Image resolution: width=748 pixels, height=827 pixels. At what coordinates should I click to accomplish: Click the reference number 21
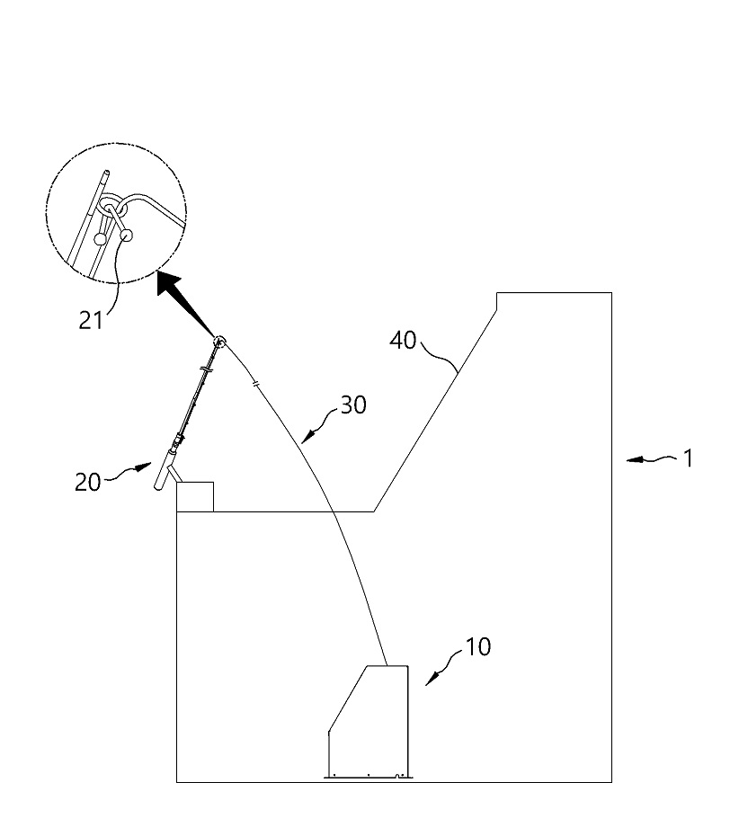click(90, 320)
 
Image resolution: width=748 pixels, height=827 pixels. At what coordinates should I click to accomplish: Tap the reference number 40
click(403, 341)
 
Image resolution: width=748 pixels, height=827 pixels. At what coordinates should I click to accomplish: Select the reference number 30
click(353, 405)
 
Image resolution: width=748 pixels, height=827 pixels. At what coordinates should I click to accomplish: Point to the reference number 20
click(87, 482)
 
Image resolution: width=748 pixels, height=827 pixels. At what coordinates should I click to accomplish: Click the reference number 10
click(478, 646)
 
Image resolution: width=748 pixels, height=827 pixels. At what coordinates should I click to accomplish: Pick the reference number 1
click(688, 458)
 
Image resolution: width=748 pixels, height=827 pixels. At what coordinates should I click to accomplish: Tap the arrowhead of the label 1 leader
click(635, 460)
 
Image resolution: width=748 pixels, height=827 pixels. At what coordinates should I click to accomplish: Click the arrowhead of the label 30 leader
click(308, 436)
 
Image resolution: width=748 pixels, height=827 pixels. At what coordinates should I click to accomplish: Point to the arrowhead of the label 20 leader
click(143, 467)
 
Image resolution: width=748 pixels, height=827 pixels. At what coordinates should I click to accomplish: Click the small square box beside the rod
click(195, 497)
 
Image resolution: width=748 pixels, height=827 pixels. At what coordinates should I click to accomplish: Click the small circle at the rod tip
click(219, 342)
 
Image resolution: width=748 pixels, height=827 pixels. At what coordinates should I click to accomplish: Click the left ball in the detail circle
click(100, 239)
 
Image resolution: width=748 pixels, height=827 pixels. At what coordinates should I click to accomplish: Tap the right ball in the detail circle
click(127, 235)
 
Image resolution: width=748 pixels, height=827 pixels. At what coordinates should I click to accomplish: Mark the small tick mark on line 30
click(256, 384)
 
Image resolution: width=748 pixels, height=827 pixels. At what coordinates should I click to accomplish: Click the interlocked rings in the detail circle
click(112, 206)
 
